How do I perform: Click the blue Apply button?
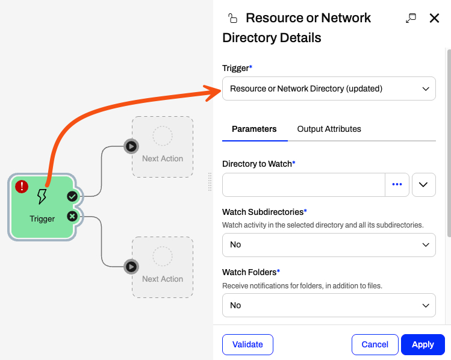point(423,344)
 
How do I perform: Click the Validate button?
point(247,344)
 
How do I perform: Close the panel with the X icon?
point(434,18)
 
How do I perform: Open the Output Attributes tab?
point(329,129)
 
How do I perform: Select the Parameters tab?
point(254,129)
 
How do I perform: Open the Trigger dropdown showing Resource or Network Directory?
point(329,88)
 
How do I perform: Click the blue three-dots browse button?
point(397,185)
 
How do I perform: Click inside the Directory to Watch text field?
point(303,185)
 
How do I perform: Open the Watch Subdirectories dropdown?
point(329,244)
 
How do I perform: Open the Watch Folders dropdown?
point(329,305)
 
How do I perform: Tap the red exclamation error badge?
point(22,187)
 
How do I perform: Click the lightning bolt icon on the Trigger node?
point(42,196)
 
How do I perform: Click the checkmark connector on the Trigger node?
point(72,196)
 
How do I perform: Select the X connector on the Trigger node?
point(72,216)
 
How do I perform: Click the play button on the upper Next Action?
point(131,146)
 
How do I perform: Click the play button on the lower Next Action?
point(131,267)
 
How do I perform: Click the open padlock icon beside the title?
point(232,18)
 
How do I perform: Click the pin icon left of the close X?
point(411,18)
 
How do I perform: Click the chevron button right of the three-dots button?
point(424,185)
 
